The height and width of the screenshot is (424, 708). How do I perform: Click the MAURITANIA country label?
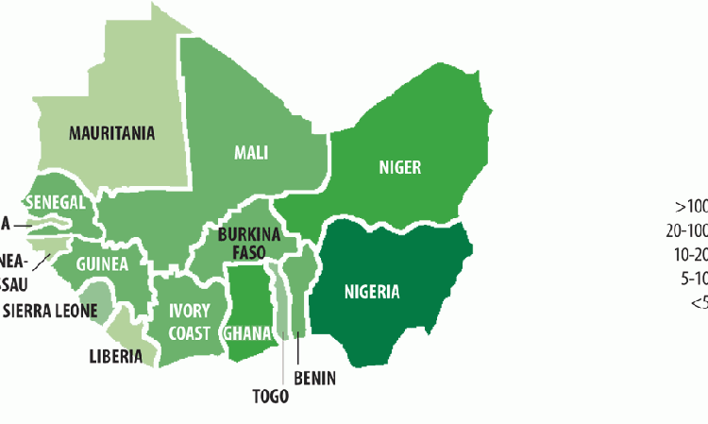[111, 133]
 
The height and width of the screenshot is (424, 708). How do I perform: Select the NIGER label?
[399, 167]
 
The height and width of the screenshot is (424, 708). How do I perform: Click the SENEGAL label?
[56, 202]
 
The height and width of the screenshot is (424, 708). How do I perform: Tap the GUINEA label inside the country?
[102, 263]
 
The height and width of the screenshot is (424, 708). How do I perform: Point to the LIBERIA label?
[115, 356]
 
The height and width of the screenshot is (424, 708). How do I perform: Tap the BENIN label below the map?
[315, 379]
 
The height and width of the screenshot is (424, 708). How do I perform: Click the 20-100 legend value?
[686, 229]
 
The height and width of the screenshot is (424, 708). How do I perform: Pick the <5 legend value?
[698, 302]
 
